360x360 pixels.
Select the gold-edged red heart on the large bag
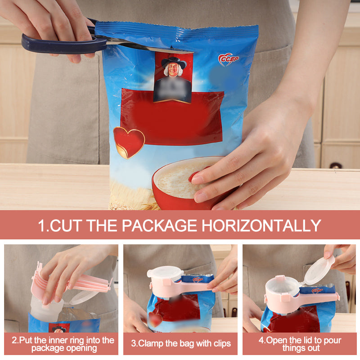pyautogui.click(x=129, y=141)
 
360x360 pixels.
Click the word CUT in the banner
pyautogui.click(x=66, y=225)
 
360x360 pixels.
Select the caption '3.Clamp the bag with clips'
pyautogui.click(x=181, y=344)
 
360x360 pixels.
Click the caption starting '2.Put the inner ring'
pyautogui.click(x=63, y=344)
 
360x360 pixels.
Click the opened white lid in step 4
pyautogui.click(x=319, y=270)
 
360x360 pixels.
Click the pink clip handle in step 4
pyautogui.click(x=319, y=297)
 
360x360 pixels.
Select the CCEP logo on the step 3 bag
pyautogui.click(x=197, y=279)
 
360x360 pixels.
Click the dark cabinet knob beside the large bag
pyautogui.click(x=336, y=166)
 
